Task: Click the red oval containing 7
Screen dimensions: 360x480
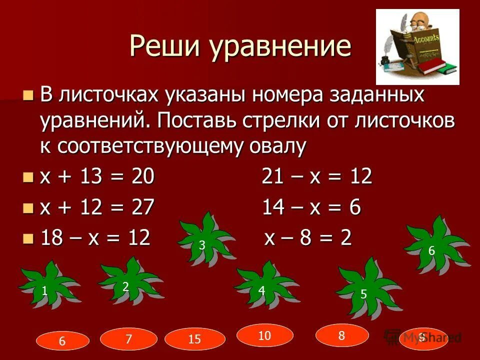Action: click(128, 339)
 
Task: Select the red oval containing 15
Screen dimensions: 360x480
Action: click(194, 340)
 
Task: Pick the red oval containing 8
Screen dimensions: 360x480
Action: click(342, 335)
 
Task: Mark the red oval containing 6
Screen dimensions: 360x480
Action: click(62, 341)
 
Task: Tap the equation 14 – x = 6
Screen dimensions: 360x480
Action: click(311, 207)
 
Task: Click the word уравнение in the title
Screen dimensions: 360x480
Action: click(280, 47)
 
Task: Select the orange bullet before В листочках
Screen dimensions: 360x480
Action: click(29, 94)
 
